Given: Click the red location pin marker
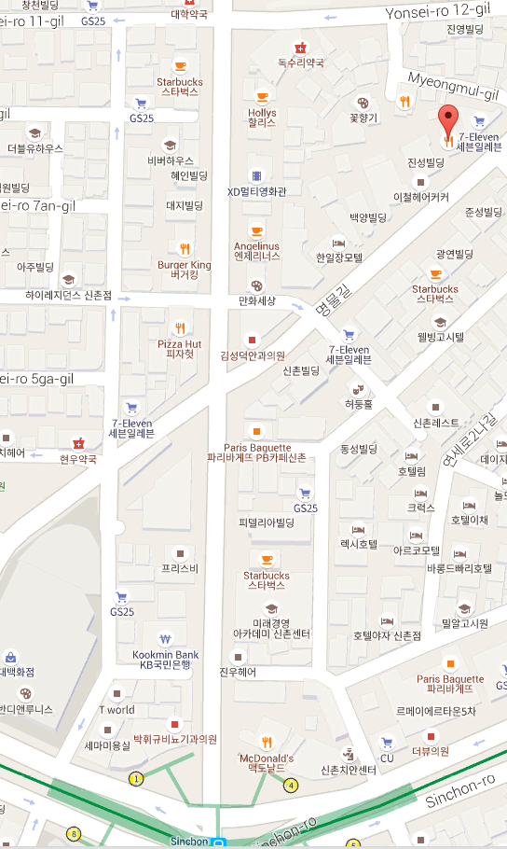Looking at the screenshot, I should coord(449,122).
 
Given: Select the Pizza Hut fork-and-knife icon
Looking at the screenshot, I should coord(180,327).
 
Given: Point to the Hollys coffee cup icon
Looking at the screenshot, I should coord(262,97).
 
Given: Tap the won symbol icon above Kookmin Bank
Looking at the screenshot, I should coord(165,639).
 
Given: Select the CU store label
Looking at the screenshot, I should coord(387,759).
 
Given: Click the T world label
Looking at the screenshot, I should coord(117,709).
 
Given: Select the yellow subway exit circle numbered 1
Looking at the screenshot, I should coord(137,778).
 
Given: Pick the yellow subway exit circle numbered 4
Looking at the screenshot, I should coord(291,785).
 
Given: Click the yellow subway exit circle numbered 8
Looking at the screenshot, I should coord(73,833).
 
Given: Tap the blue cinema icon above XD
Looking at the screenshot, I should coord(256,174).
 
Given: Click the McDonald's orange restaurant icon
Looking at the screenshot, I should coord(267,742).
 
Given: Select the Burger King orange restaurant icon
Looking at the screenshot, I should coord(185,248).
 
